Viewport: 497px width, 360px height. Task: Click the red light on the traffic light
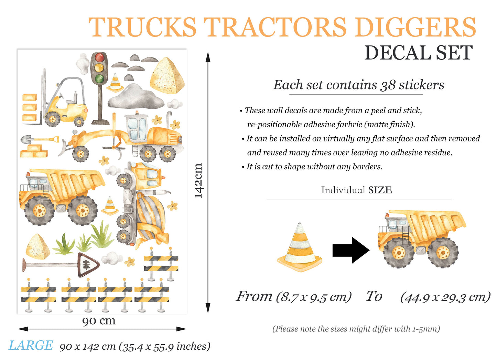(x=99, y=57)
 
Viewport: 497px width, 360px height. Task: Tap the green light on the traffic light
(x=99, y=79)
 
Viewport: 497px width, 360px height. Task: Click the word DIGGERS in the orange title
(x=415, y=27)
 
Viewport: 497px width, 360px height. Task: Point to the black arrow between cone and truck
(x=351, y=250)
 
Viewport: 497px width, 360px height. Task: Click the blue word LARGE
(x=31, y=345)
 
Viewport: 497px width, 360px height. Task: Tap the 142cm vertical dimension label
(x=198, y=181)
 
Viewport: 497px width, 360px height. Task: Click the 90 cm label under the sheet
(x=99, y=321)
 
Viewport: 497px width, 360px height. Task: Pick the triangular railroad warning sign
(x=88, y=265)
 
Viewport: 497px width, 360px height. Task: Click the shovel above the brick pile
(x=40, y=139)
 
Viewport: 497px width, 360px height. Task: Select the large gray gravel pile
(x=136, y=96)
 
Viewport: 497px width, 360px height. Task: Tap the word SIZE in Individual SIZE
(x=380, y=190)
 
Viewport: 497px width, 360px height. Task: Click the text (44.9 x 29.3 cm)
(x=445, y=297)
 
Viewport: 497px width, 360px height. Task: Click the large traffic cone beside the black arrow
(x=299, y=247)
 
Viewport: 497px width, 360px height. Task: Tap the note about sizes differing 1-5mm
(x=356, y=329)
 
